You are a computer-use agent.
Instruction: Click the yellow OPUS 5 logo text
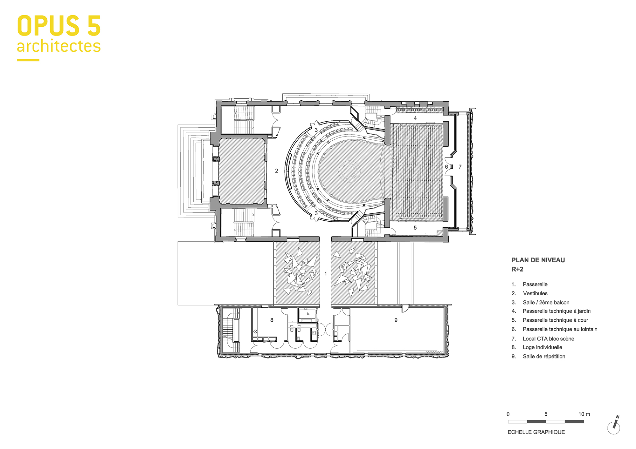click(x=59, y=26)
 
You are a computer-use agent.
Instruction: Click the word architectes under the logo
click(x=59, y=46)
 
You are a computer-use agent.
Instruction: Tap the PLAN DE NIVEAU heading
click(x=538, y=260)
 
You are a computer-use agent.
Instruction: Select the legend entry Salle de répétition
click(x=544, y=356)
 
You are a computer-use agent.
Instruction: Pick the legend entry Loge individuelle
click(x=542, y=347)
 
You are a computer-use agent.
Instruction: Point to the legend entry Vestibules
click(x=535, y=293)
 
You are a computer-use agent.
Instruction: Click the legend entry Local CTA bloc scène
click(x=548, y=338)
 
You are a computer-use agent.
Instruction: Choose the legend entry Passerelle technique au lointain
click(x=560, y=329)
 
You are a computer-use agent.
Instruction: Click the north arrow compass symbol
click(x=614, y=426)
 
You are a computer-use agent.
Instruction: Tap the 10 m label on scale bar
click(x=584, y=414)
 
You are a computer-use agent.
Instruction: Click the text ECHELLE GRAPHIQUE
click(x=536, y=432)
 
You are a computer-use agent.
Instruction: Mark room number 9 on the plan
click(x=396, y=320)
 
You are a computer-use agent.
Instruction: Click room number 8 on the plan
click(x=272, y=320)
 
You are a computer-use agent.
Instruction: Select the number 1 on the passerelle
click(x=326, y=273)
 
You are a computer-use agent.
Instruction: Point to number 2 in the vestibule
click(x=277, y=171)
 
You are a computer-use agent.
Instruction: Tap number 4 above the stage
click(x=415, y=118)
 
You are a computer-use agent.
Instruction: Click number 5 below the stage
click(x=415, y=228)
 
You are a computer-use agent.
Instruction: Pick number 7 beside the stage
click(x=460, y=167)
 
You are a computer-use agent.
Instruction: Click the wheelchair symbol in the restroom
click(x=308, y=314)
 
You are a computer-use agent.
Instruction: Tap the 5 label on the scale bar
click(x=546, y=414)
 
